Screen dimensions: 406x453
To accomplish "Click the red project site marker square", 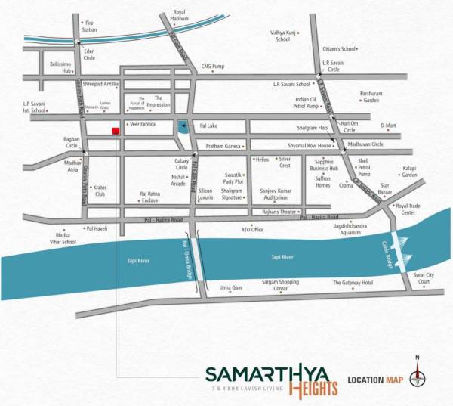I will (x=116, y=131).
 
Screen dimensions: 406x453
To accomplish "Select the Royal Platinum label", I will (x=180, y=15).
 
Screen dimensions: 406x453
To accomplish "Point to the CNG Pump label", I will (x=213, y=66).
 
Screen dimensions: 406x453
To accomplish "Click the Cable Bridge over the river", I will (x=398, y=245).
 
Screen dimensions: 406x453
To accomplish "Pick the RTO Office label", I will (x=251, y=229).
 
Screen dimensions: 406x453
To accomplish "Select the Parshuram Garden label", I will (x=370, y=97).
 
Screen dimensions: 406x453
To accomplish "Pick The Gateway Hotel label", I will (x=353, y=283).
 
